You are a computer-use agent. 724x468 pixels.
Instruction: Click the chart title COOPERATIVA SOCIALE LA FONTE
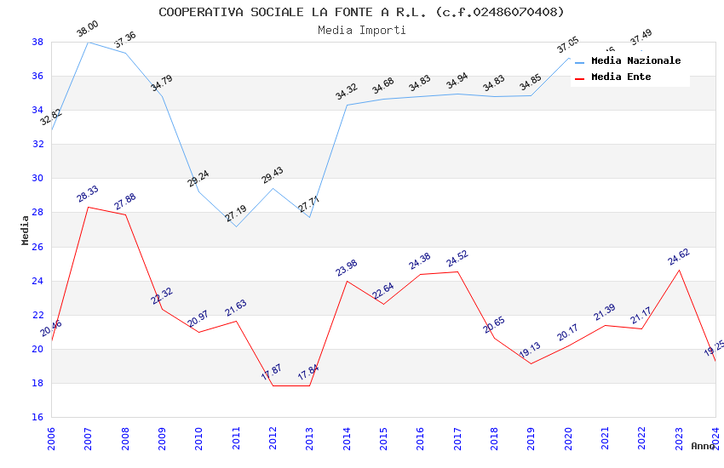point(361,12)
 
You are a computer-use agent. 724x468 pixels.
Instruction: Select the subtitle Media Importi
point(361,30)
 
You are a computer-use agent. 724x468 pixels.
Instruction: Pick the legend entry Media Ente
point(621,77)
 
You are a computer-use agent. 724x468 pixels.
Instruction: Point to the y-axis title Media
point(25,230)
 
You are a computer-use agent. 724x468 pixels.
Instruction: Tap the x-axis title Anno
point(703,446)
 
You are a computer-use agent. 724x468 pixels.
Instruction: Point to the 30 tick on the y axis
point(37,179)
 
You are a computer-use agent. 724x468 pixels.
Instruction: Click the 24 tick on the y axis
point(37,281)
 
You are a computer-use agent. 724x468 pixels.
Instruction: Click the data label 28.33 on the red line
point(87,195)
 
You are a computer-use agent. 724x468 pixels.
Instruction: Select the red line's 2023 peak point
point(679,270)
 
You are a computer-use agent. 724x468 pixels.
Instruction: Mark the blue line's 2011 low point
point(236,226)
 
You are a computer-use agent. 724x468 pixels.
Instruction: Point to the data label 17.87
point(272,373)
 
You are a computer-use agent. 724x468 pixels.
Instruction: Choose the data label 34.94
point(457,82)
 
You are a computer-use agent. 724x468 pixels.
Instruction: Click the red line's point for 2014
point(347,281)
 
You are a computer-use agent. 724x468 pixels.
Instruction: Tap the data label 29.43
point(273,175)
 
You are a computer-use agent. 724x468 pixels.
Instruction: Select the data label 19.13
point(530,351)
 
